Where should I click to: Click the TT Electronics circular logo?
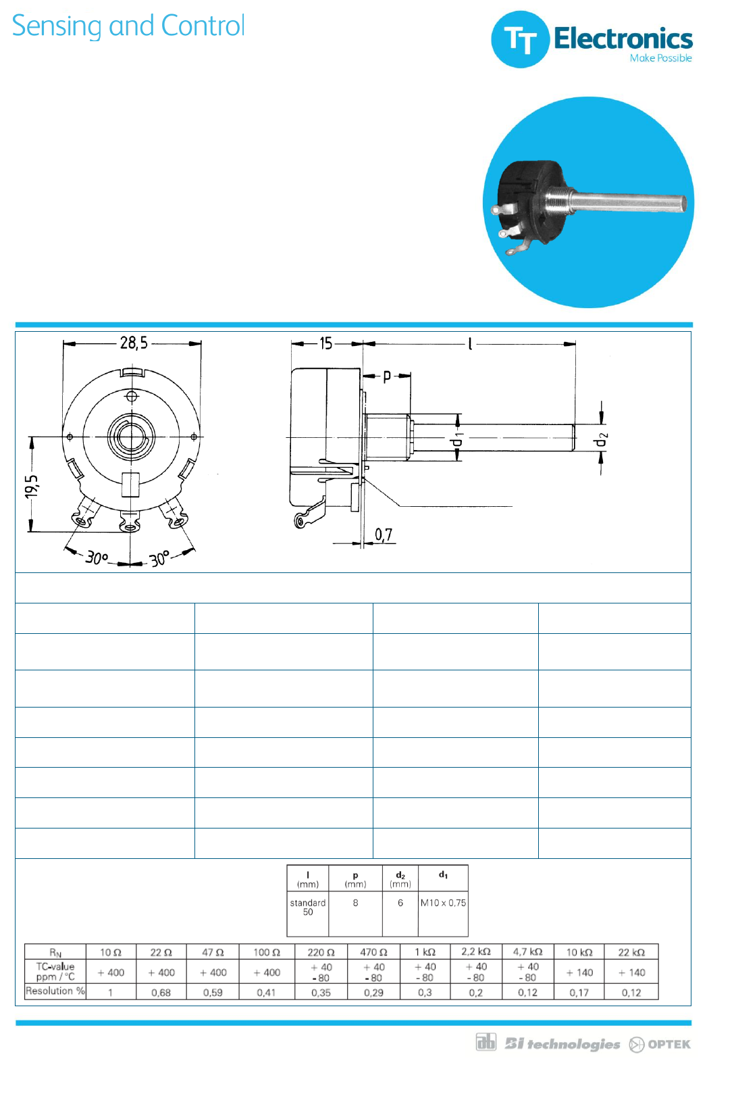tap(520, 39)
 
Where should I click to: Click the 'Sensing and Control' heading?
tap(128, 26)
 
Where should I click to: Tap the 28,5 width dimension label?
tap(134, 343)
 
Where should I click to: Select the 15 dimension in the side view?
tap(325, 343)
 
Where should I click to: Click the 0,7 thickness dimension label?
tap(384, 535)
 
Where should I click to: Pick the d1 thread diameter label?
tap(456, 439)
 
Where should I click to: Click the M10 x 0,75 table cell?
tap(443, 903)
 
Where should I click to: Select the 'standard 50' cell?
tap(308, 907)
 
